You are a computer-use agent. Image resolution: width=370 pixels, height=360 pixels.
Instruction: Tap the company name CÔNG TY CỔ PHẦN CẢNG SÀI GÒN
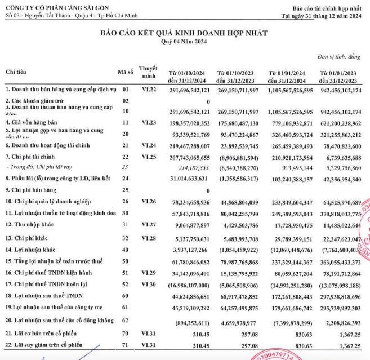(x=58, y=5)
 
